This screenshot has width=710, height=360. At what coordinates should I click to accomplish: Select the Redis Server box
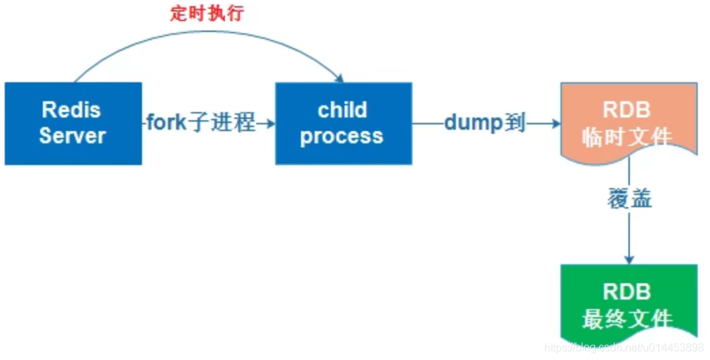[x=73, y=123]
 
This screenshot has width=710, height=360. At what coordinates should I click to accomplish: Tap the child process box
[x=343, y=123]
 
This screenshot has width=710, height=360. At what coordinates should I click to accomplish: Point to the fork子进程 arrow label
[x=201, y=124]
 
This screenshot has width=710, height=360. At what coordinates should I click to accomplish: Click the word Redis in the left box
[x=71, y=109]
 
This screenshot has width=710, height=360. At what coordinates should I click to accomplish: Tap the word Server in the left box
[x=72, y=135]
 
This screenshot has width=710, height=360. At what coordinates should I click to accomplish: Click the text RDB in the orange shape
[x=626, y=109]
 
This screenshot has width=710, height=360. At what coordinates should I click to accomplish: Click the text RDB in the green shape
[x=626, y=292]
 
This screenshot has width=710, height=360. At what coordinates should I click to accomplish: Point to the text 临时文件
[x=626, y=137]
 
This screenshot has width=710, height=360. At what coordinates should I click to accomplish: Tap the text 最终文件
[x=626, y=319]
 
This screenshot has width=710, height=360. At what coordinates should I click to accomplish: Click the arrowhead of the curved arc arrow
[x=338, y=77]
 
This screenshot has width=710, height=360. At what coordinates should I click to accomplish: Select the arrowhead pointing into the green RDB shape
[x=629, y=259]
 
